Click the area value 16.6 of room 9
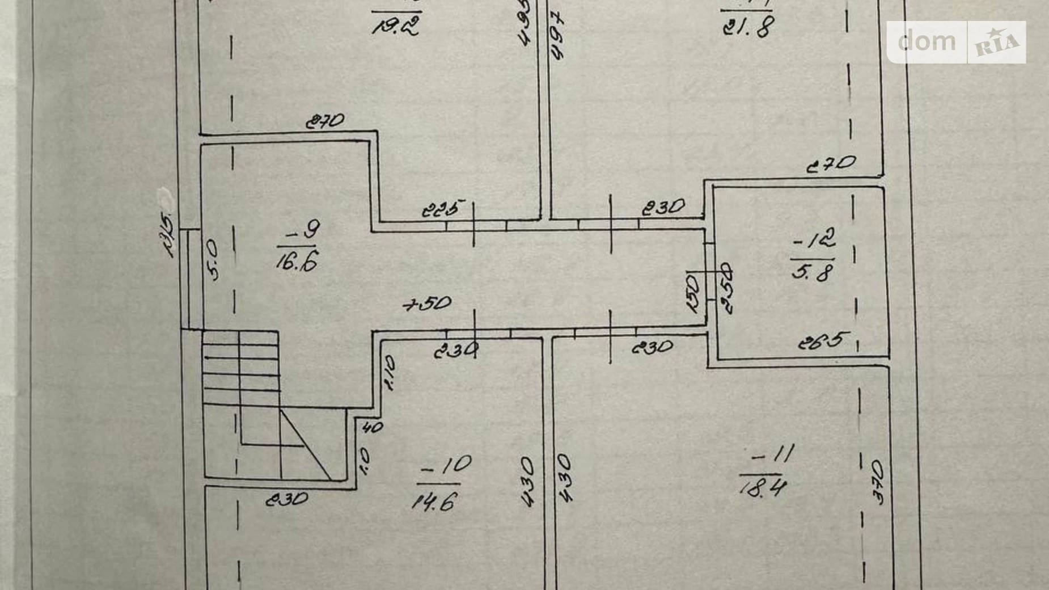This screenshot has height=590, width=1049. [x=297, y=262]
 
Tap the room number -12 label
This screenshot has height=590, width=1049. [x=815, y=241]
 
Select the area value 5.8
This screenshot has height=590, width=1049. [x=813, y=273]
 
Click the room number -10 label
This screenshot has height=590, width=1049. [x=447, y=466]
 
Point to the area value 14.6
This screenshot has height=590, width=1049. [x=434, y=501]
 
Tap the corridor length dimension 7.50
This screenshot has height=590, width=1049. [x=427, y=304]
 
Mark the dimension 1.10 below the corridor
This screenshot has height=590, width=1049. [x=390, y=373]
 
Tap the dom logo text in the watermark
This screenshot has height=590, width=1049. [x=927, y=42]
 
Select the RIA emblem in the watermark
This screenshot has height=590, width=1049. [x=997, y=43]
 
